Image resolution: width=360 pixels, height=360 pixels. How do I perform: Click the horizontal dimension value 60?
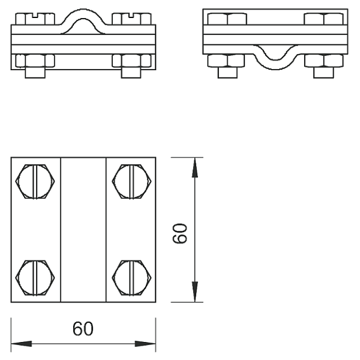83,329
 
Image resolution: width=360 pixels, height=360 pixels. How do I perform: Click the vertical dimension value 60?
180,233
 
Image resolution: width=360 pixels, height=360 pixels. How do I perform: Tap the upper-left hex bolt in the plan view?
35,181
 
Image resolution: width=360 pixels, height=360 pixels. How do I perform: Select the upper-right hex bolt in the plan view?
132,181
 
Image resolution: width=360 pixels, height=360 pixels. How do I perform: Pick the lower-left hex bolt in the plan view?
35,278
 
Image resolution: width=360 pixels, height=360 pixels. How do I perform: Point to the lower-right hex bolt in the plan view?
132,278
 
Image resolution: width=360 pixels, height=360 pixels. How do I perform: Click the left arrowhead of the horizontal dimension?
22,344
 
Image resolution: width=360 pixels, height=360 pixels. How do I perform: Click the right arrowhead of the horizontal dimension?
145,344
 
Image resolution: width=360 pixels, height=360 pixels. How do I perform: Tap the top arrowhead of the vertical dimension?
195,167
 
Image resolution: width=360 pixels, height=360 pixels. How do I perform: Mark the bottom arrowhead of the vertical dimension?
195,292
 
